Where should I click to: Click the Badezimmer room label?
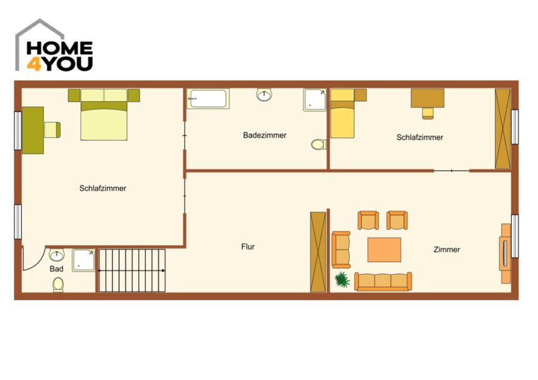pyautogui.click(x=265, y=135)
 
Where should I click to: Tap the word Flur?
pyautogui.click(x=247, y=247)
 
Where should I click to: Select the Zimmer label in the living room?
pyautogui.click(x=447, y=250)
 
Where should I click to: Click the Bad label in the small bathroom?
pyautogui.click(x=56, y=269)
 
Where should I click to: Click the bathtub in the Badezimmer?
pyautogui.click(x=208, y=99)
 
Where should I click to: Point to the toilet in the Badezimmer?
pyautogui.click(x=319, y=144)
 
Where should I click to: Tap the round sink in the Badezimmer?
pyautogui.click(x=264, y=95)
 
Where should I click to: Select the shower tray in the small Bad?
pyautogui.click(x=83, y=260)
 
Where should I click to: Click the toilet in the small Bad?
pyautogui.click(x=58, y=285)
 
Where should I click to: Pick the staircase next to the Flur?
pyautogui.click(x=132, y=270)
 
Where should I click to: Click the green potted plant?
pyautogui.click(x=342, y=279)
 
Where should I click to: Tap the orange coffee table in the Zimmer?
pyautogui.click(x=384, y=250)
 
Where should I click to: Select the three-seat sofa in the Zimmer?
pyautogui.click(x=383, y=282)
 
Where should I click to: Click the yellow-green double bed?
pyautogui.click(x=104, y=115)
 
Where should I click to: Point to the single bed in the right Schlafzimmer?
pyautogui.click(x=343, y=113)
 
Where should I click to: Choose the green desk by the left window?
pyautogui.click(x=33, y=130)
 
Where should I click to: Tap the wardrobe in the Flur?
pyautogui.click(x=318, y=252)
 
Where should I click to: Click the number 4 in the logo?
pyautogui.click(x=34, y=64)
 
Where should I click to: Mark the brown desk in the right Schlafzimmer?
pyautogui.click(x=427, y=98)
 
